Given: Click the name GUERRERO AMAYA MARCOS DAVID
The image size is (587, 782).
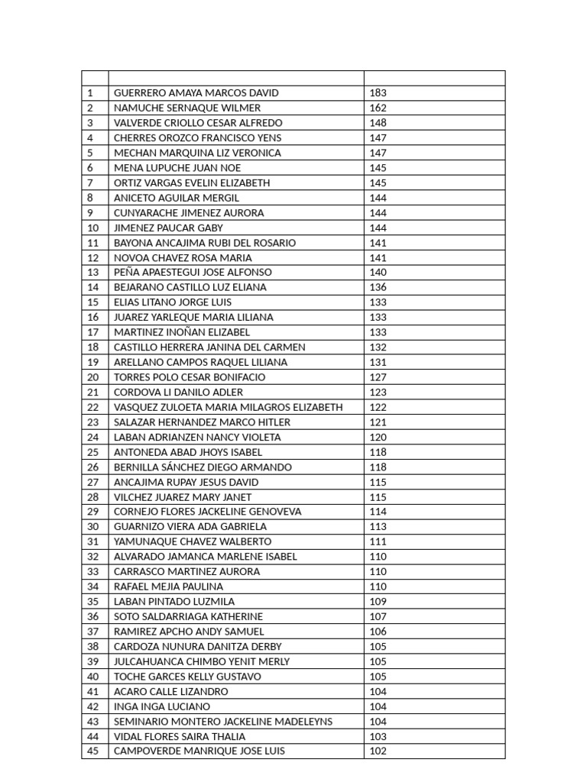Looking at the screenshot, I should click(196, 93).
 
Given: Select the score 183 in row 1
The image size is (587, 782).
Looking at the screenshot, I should click(378, 93).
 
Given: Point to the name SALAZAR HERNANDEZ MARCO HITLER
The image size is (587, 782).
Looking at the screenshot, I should click(202, 422).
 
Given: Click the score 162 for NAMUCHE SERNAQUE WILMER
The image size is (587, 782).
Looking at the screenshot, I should click(378, 108).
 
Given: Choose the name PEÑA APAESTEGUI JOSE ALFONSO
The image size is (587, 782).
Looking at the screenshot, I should click(193, 273).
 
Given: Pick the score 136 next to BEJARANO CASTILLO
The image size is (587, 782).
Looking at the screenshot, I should click(378, 287).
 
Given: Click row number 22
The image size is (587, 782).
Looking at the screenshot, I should click(93, 407).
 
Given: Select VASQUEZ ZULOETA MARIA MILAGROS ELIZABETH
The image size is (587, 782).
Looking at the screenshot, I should click(228, 407).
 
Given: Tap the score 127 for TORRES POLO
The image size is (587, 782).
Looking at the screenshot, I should click(378, 377).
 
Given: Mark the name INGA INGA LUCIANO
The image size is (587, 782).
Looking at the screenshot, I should click(161, 706).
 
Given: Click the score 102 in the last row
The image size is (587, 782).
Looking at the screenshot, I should click(378, 751).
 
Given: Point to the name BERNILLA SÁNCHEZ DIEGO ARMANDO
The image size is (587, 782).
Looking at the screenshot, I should click(203, 467).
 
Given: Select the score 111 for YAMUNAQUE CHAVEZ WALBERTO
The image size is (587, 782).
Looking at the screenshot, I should click(378, 541).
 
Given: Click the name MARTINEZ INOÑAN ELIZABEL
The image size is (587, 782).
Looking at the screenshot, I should click(182, 332).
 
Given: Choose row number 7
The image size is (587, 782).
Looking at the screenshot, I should click(90, 183).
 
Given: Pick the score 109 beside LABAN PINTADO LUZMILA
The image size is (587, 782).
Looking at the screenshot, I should click(378, 602).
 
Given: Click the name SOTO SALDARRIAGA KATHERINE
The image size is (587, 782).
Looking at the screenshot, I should click(188, 616).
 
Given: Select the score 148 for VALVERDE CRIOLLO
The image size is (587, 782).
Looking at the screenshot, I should click(378, 123).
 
